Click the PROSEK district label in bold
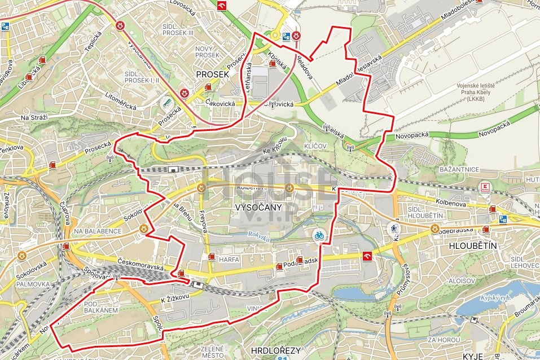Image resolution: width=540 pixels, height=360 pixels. pyautogui.click(x=212, y=74)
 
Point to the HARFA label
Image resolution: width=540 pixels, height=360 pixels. pyautogui.click(x=230, y=260)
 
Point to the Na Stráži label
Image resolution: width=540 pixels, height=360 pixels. pyautogui.click(x=34, y=117)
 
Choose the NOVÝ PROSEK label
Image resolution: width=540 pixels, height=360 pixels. pyautogui.click(x=207, y=52)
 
